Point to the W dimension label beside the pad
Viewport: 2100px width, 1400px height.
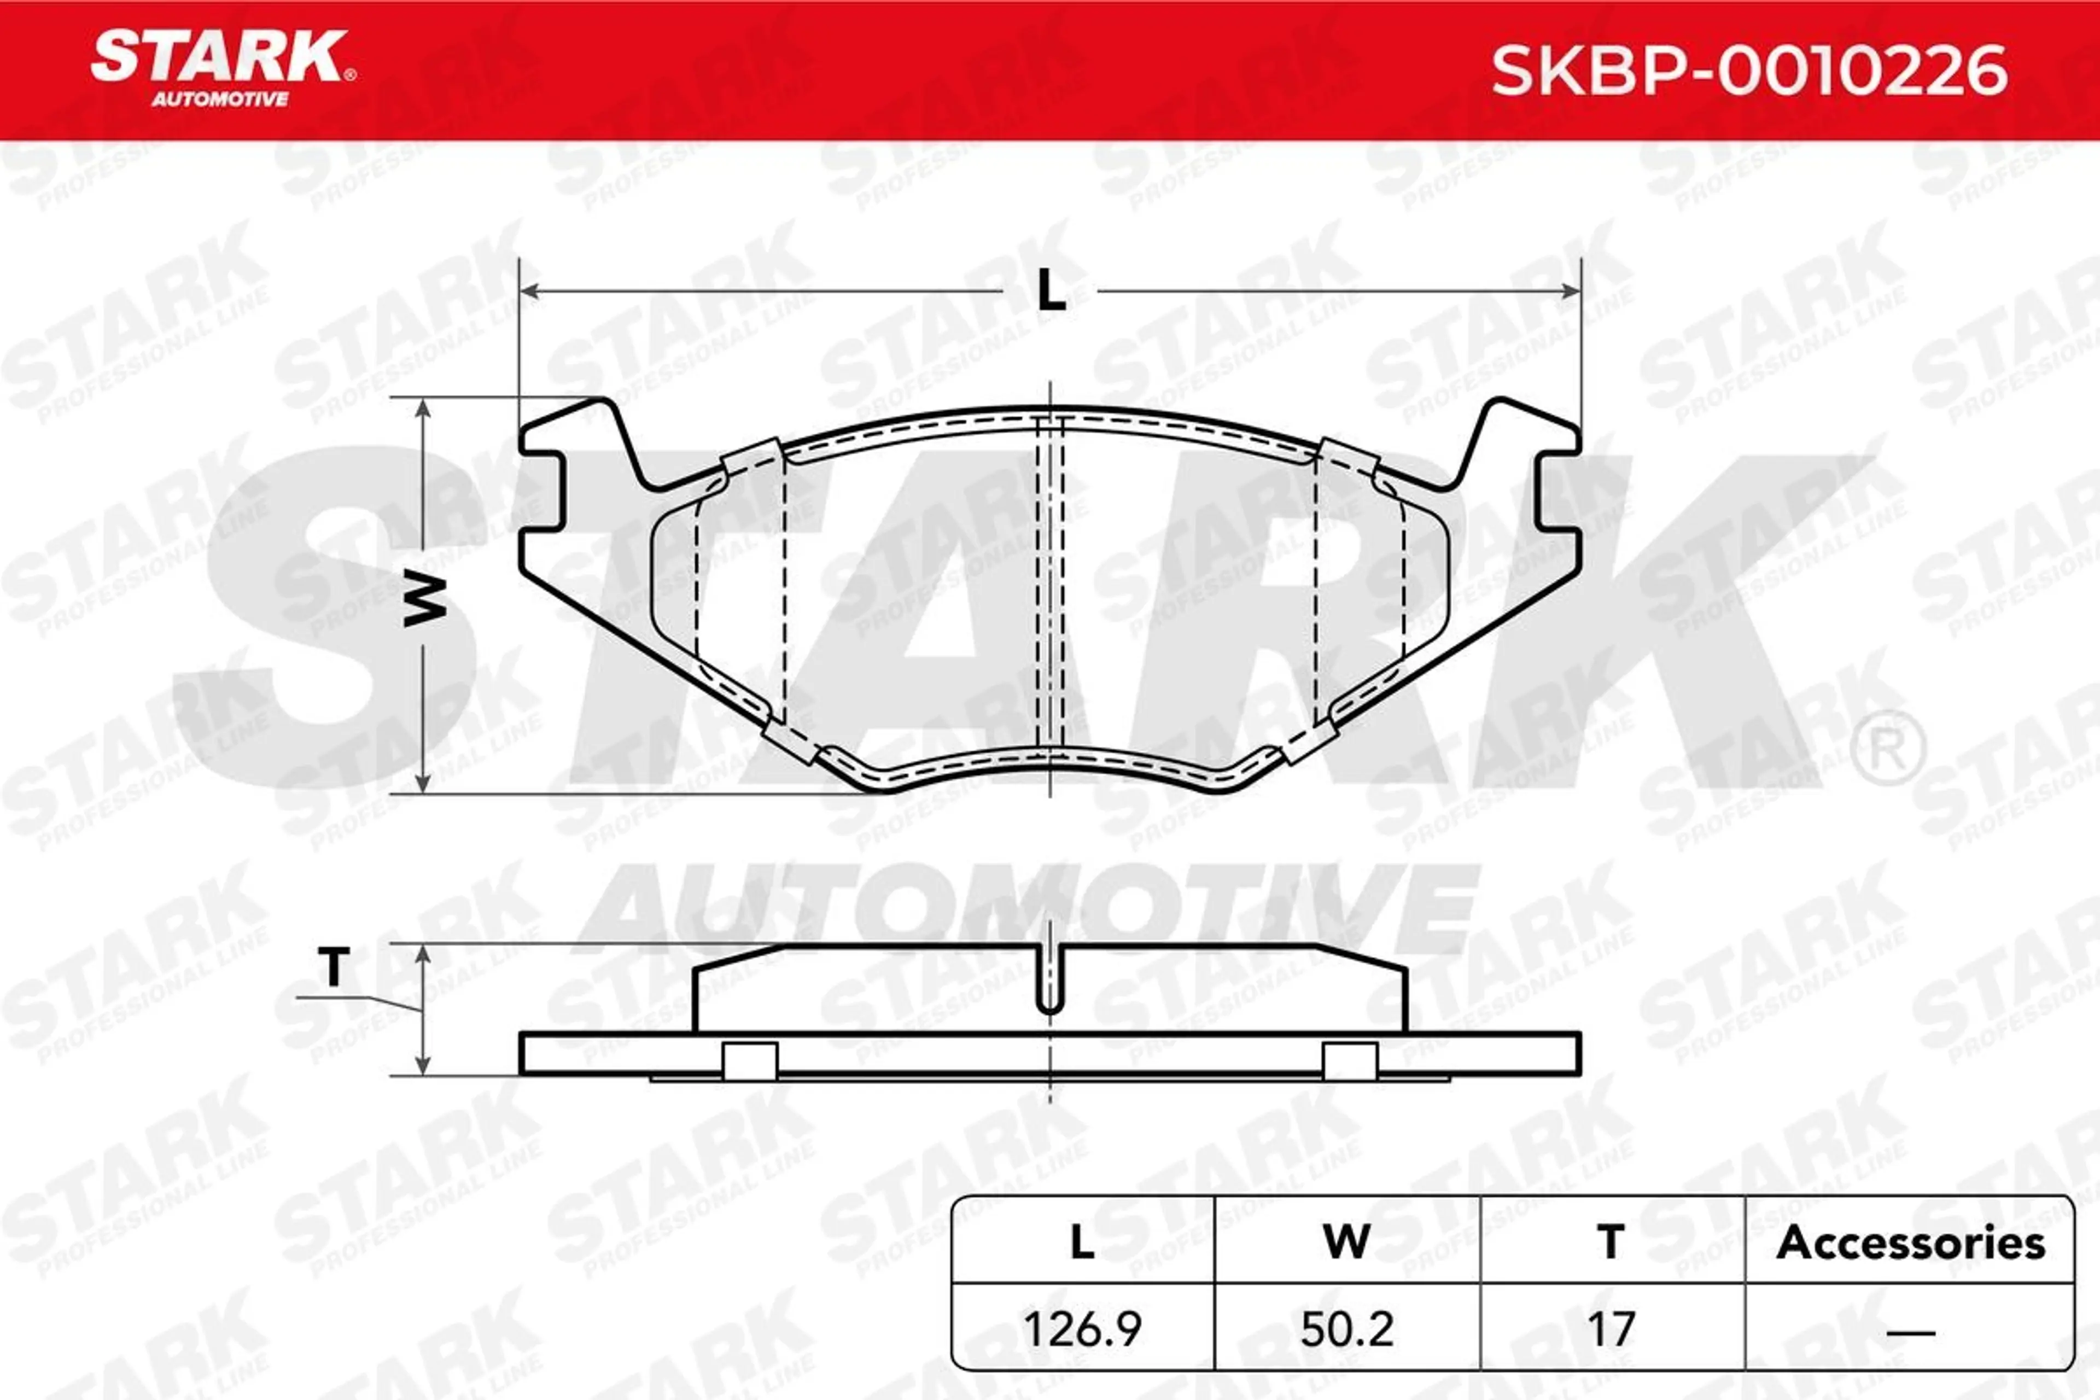[x=425, y=600]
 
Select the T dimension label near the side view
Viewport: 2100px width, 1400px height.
[x=334, y=967]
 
